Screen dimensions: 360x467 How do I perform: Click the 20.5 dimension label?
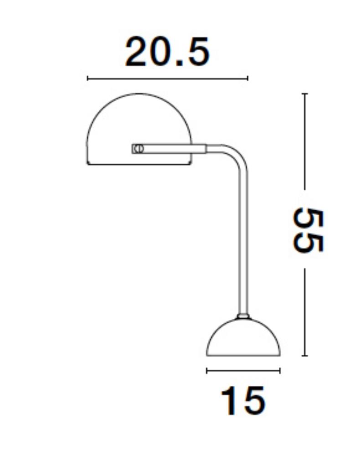[168, 52]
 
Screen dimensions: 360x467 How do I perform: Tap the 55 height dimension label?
[308, 230]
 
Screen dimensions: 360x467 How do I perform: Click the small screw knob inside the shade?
[138, 149]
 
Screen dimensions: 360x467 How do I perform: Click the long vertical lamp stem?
[243, 244]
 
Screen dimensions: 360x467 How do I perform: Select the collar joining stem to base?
[243, 316]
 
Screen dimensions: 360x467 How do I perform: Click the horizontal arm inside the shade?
[169, 149]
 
